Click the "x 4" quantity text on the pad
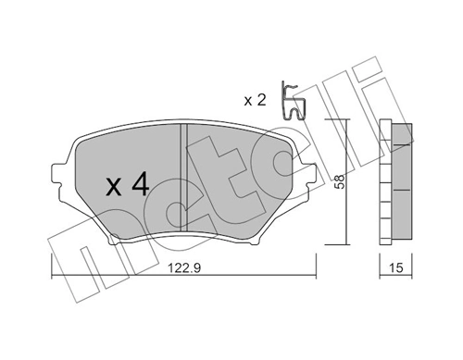[127, 185]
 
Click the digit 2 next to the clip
[261, 99]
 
